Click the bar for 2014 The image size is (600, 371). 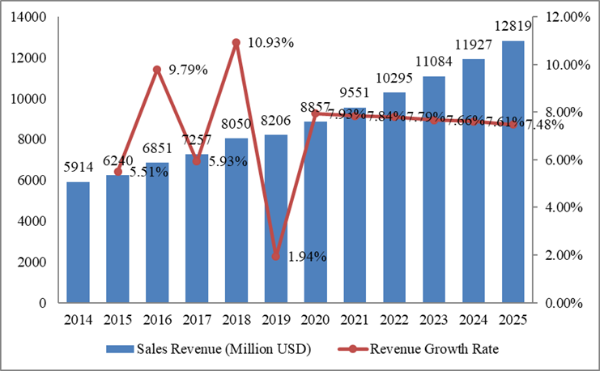78,242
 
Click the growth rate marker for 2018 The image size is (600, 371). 236,42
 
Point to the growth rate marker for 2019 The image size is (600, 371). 275,256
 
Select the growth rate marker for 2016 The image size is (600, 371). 157,70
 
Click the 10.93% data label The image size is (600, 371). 271,42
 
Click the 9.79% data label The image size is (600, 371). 186,70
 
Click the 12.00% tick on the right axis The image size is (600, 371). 568,17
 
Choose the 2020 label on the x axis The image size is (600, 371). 315,319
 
